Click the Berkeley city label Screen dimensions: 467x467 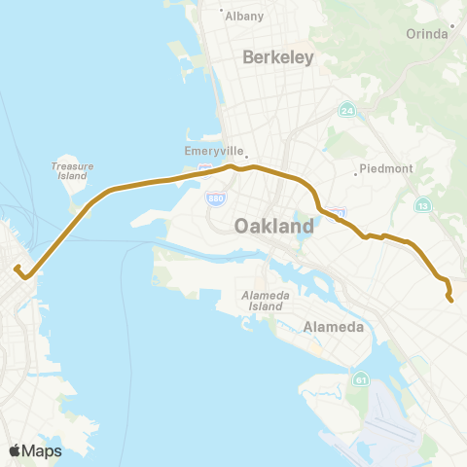coord(277,57)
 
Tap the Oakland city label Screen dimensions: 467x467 coord(274,226)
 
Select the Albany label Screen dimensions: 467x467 coord(243,17)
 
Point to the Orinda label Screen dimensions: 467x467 coord(426,33)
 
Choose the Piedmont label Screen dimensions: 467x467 coord(386,168)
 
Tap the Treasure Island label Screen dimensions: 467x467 coord(72,171)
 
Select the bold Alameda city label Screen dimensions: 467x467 coord(334,327)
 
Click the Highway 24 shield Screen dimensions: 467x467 coord(346,110)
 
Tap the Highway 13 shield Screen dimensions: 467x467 coord(423,205)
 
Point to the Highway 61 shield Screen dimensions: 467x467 coord(361,378)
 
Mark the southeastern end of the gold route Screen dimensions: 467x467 coord(451,300)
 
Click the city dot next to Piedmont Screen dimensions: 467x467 coord(356,175)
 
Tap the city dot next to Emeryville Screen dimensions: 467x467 coord(246,154)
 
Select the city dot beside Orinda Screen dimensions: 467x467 coord(452,26)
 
